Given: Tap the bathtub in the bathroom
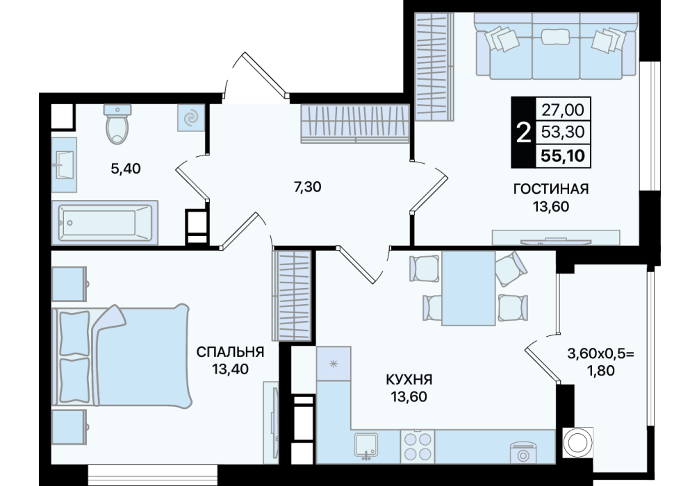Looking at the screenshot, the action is click(x=105, y=222).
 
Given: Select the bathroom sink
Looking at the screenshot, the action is click(x=64, y=165).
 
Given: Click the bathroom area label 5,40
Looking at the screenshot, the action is click(x=126, y=169).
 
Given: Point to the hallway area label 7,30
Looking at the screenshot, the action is click(x=307, y=187).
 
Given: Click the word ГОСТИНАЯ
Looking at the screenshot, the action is click(x=551, y=189).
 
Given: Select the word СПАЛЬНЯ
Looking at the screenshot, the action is click(x=230, y=352).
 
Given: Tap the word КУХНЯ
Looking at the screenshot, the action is click(x=409, y=380).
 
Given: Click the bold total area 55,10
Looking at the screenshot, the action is click(x=563, y=156).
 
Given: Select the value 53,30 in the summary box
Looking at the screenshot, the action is click(x=563, y=132).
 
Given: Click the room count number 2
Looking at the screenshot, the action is click(x=523, y=133).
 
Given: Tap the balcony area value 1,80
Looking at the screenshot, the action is click(x=600, y=370).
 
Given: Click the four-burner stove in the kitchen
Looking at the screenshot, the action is click(x=418, y=447).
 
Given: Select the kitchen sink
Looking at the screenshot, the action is click(x=366, y=446).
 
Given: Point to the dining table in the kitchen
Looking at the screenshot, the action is click(x=468, y=287).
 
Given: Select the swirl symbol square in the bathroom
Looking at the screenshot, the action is click(x=192, y=118).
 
